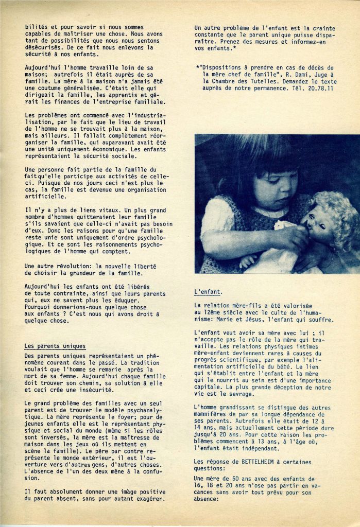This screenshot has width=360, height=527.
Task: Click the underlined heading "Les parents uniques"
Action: [x=55, y=346]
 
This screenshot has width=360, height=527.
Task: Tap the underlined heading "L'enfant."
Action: [x=208, y=292]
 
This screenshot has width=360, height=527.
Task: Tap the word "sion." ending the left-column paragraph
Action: [x=32, y=477]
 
